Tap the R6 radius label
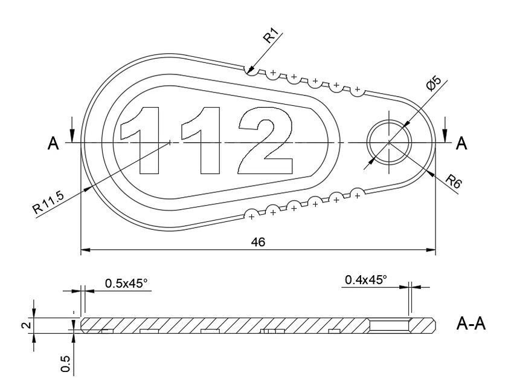tap(452, 183)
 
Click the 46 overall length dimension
tap(258, 242)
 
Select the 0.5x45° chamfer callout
tap(126, 283)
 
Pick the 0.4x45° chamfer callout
tap(366, 279)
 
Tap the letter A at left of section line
tap(53, 143)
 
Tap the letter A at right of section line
tap(462, 143)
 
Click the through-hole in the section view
tap(389, 325)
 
